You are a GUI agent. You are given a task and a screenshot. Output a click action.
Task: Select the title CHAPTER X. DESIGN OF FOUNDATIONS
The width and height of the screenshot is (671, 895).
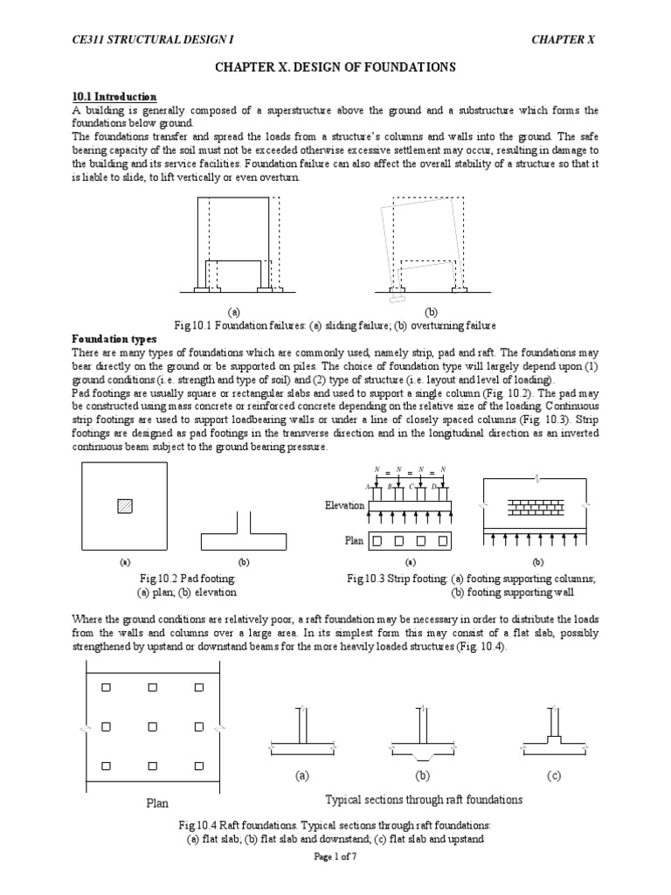tap(335, 67)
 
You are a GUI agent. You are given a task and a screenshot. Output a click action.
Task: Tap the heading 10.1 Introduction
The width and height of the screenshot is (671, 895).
tap(113, 96)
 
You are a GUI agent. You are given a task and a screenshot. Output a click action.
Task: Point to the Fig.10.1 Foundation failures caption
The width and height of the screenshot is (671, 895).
tap(335, 324)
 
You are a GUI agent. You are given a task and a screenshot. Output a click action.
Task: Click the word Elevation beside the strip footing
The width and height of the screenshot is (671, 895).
tap(343, 506)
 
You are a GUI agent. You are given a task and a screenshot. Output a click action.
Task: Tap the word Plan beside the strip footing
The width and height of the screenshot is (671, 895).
tap(354, 541)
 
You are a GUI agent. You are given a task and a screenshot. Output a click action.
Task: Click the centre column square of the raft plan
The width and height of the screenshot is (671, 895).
tap(151, 725)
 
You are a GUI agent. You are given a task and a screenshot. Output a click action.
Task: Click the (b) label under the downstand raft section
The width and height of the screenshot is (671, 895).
tap(423, 775)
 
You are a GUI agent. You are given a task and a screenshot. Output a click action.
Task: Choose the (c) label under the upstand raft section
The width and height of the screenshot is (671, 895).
tap(554, 775)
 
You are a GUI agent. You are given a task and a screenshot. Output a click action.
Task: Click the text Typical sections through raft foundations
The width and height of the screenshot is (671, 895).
tap(424, 800)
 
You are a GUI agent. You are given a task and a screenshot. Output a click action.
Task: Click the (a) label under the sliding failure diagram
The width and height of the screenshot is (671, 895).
tap(233, 311)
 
